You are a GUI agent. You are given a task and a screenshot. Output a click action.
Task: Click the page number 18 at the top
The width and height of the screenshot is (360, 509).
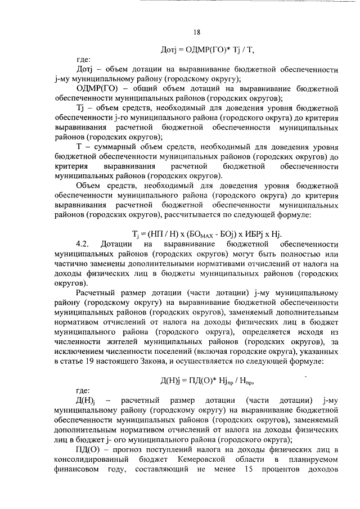196,32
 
